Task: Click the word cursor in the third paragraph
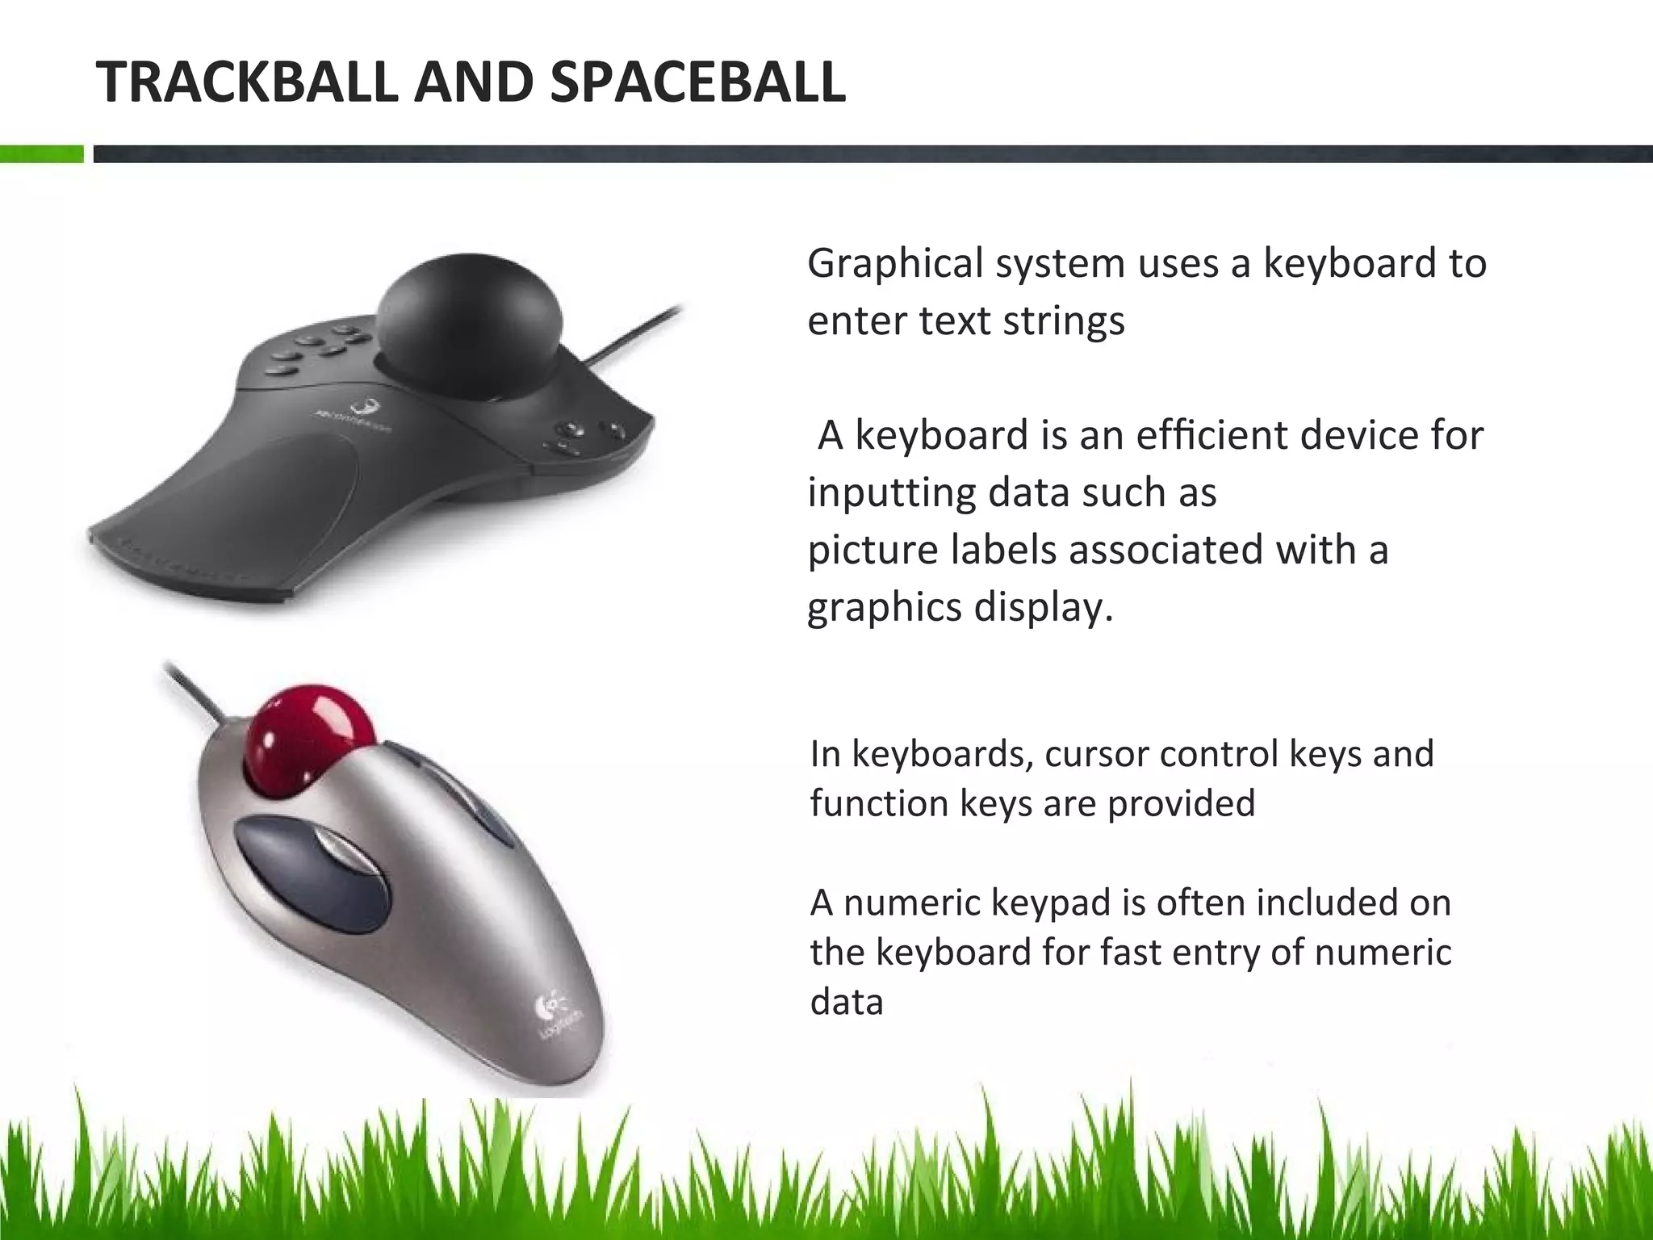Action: click(x=1094, y=754)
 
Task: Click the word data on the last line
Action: click(x=847, y=1002)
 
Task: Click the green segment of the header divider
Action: click(x=41, y=153)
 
